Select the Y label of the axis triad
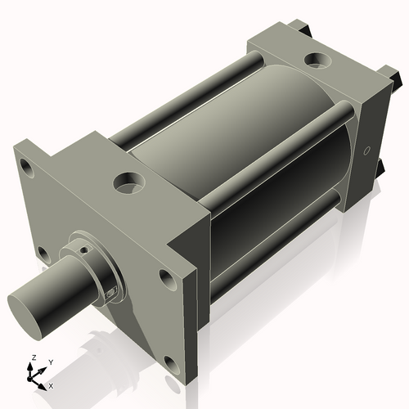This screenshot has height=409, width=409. [50, 361]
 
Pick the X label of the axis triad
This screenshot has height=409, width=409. [52, 384]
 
